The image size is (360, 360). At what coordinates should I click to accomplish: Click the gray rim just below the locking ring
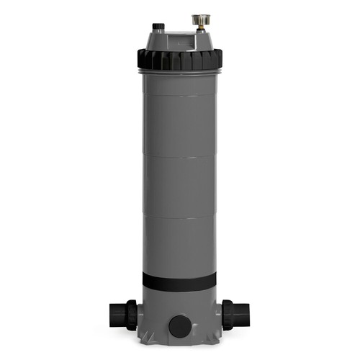pyautogui.click(x=179, y=71)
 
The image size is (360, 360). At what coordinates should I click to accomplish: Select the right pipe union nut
pyautogui.click(x=228, y=315)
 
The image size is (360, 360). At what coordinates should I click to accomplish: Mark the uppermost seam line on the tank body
pyautogui.click(x=179, y=96)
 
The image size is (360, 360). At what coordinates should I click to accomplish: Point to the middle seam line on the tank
pyautogui.click(x=179, y=157)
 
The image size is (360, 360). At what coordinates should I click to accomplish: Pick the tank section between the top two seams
pyautogui.click(x=179, y=126)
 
